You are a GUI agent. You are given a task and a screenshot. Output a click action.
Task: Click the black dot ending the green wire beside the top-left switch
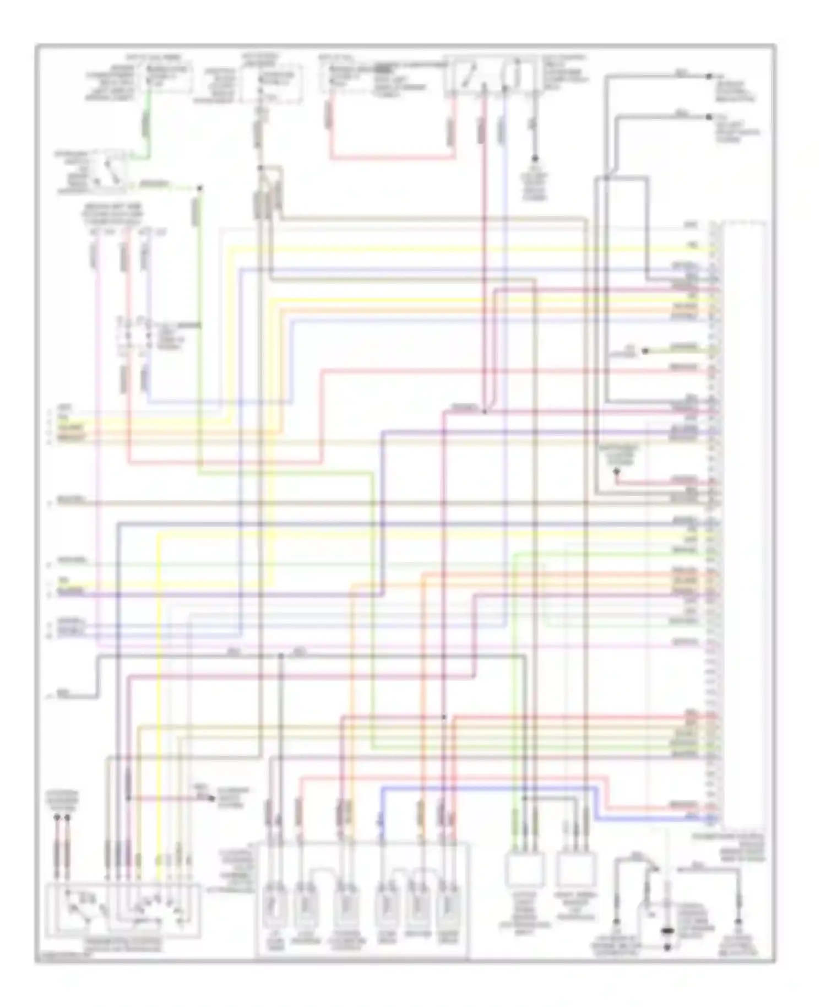(x=200, y=188)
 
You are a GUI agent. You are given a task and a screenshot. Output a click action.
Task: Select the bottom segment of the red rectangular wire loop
(x=393, y=159)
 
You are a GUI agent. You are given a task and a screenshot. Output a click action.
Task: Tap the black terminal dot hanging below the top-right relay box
(x=533, y=158)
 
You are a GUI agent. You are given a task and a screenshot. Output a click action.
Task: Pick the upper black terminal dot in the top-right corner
(x=709, y=76)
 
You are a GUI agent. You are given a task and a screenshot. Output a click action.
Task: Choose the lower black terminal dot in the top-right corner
(x=709, y=117)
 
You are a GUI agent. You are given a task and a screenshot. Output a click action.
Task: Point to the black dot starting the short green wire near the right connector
(x=646, y=350)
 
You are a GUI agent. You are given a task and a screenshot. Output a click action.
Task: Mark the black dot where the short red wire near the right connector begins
(x=616, y=472)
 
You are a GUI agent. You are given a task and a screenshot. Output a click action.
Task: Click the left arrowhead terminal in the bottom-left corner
(x=57, y=819)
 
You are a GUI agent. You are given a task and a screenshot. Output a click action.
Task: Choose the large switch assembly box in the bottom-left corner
(x=123, y=909)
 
